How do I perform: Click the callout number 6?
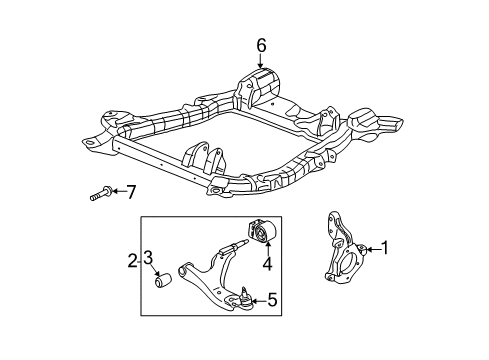261,44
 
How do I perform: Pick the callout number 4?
267,265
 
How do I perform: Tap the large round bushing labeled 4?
265,234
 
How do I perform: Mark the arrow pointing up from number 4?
267,250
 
